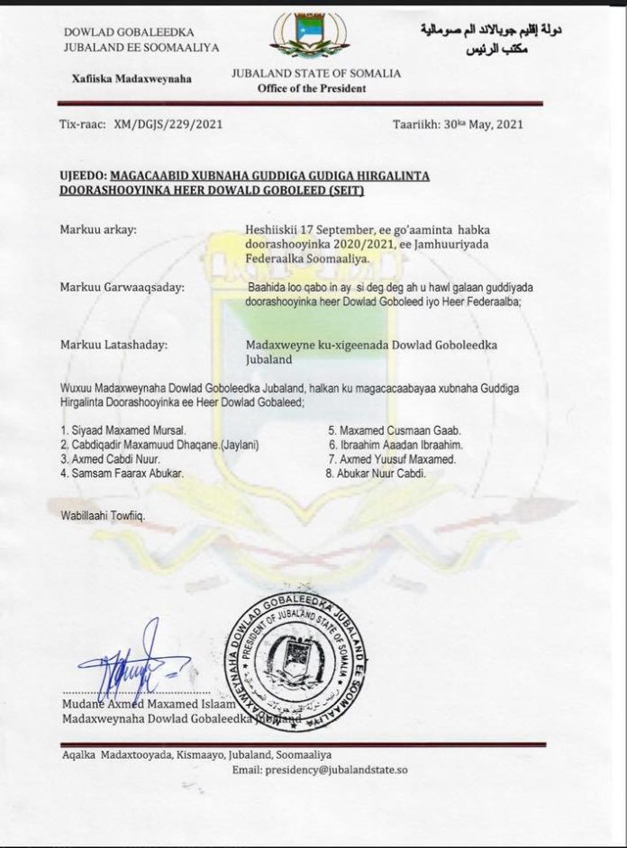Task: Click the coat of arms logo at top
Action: [312, 37]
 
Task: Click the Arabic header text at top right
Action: [491, 38]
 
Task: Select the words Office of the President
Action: [312, 89]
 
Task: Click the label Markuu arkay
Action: [98, 230]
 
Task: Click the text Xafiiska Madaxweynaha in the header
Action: [132, 78]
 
